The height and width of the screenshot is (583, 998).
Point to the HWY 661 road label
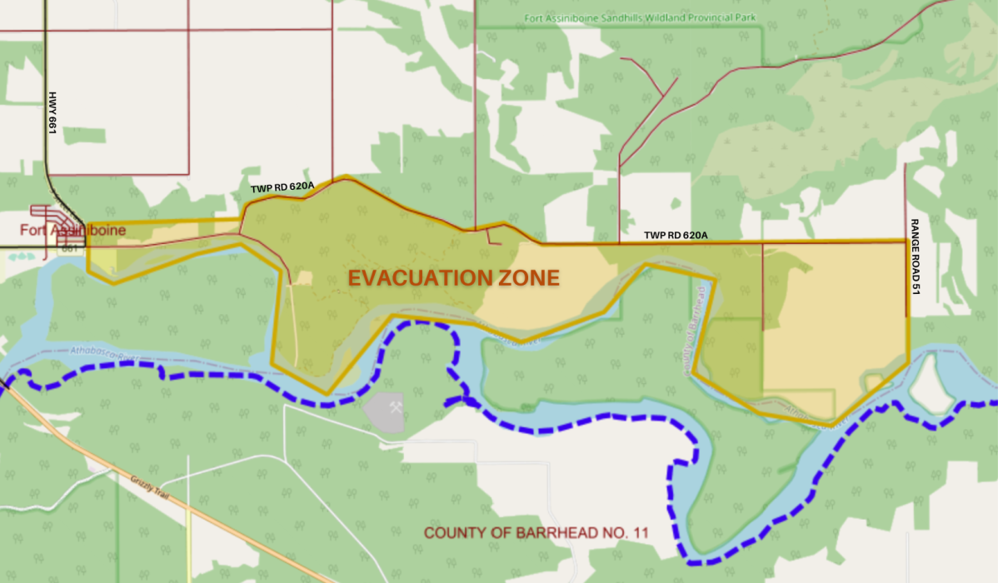pyautogui.click(x=52, y=112)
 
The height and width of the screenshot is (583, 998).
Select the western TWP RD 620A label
pyautogui.click(x=282, y=188)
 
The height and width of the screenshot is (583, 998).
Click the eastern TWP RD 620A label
pyautogui.click(x=676, y=236)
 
